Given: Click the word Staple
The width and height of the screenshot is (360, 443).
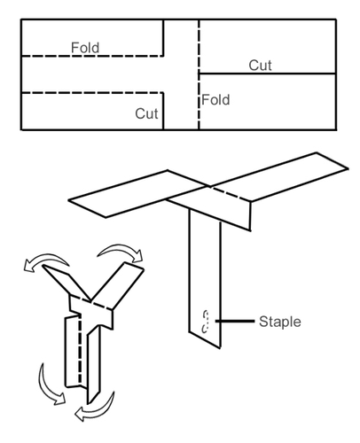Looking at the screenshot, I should (x=278, y=320).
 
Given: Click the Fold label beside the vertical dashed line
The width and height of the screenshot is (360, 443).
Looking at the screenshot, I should (x=215, y=100).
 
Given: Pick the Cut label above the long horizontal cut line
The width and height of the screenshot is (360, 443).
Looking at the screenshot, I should (x=260, y=65).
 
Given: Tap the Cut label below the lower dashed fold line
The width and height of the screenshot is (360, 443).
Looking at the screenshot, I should (x=146, y=113).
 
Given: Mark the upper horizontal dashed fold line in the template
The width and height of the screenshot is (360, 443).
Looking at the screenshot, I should (x=89, y=56).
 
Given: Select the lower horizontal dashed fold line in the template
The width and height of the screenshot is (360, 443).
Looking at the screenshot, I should (x=89, y=92).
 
